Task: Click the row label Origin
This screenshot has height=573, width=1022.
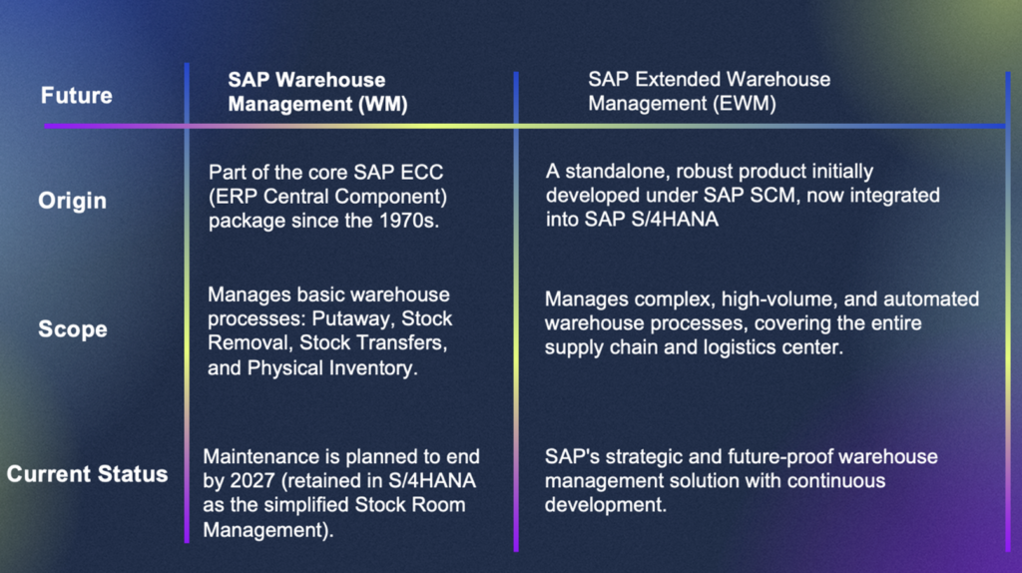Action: [x=72, y=201]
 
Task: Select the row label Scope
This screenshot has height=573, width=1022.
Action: [x=72, y=329]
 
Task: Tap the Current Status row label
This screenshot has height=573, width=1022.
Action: [x=88, y=474]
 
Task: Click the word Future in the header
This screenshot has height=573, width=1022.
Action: [x=76, y=96]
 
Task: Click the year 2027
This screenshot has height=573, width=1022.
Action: [x=253, y=481]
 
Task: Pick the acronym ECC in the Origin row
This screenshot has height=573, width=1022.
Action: [x=422, y=172]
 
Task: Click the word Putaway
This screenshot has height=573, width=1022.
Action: [x=353, y=318]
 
